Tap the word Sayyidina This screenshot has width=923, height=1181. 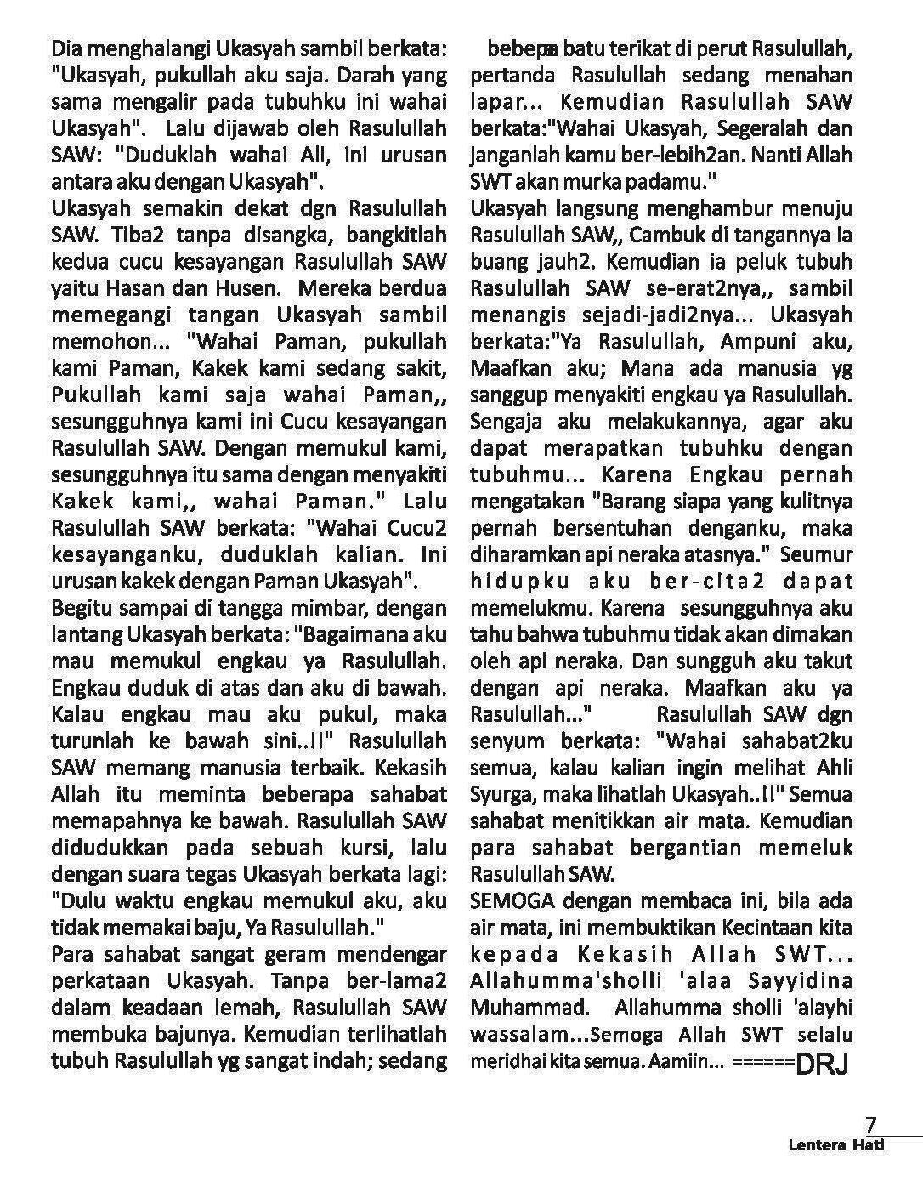[x=810, y=981]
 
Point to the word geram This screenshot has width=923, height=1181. [x=279, y=954]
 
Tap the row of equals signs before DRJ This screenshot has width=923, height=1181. [x=762, y=1063]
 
